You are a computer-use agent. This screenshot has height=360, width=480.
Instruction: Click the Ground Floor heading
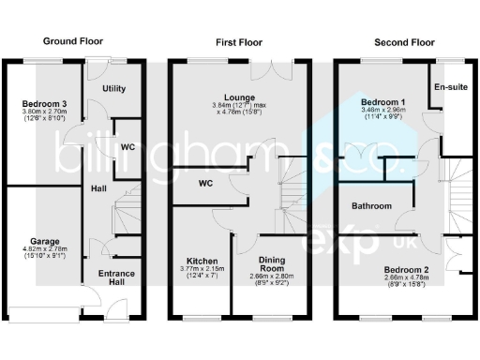tap(73, 42)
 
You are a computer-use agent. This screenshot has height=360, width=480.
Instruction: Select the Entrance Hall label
tap(117, 278)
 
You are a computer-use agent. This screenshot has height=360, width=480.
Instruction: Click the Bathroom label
tap(371, 205)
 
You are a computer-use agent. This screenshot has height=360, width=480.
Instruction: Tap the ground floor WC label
tap(127, 147)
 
